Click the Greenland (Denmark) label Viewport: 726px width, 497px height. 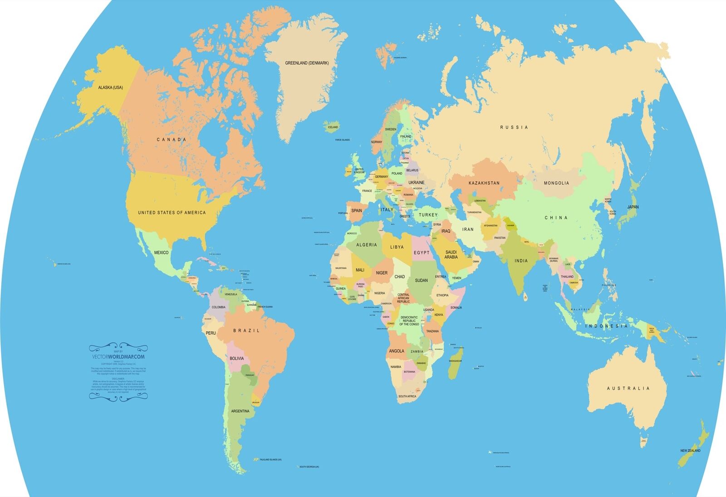coord(306,63)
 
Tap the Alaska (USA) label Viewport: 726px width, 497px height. coord(110,87)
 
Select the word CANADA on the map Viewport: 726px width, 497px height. coord(172,139)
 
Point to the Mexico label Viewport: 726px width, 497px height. coord(161,253)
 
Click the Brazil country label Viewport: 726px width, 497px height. coord(246,331)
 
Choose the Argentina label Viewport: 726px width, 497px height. coord(240,411)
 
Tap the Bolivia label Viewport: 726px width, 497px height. coord(236,358)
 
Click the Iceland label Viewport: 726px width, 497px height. coord(333,127)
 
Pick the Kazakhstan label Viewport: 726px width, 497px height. coord(484,183)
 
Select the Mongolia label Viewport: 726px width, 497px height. coord(556,183)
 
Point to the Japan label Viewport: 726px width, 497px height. coord(633,207)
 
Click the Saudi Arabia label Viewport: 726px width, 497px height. coord(451,254)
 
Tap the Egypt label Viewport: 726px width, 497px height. coord(421,253)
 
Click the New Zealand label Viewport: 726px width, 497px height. coord(690,451)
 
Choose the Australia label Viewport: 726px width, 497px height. coord(628,388)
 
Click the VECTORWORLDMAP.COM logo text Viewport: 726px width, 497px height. coord(118,357)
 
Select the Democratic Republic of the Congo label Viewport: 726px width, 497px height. coord(409,321)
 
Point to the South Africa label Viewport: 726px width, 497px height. coord(407,397)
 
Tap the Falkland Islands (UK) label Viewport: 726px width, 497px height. coord(270,460)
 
